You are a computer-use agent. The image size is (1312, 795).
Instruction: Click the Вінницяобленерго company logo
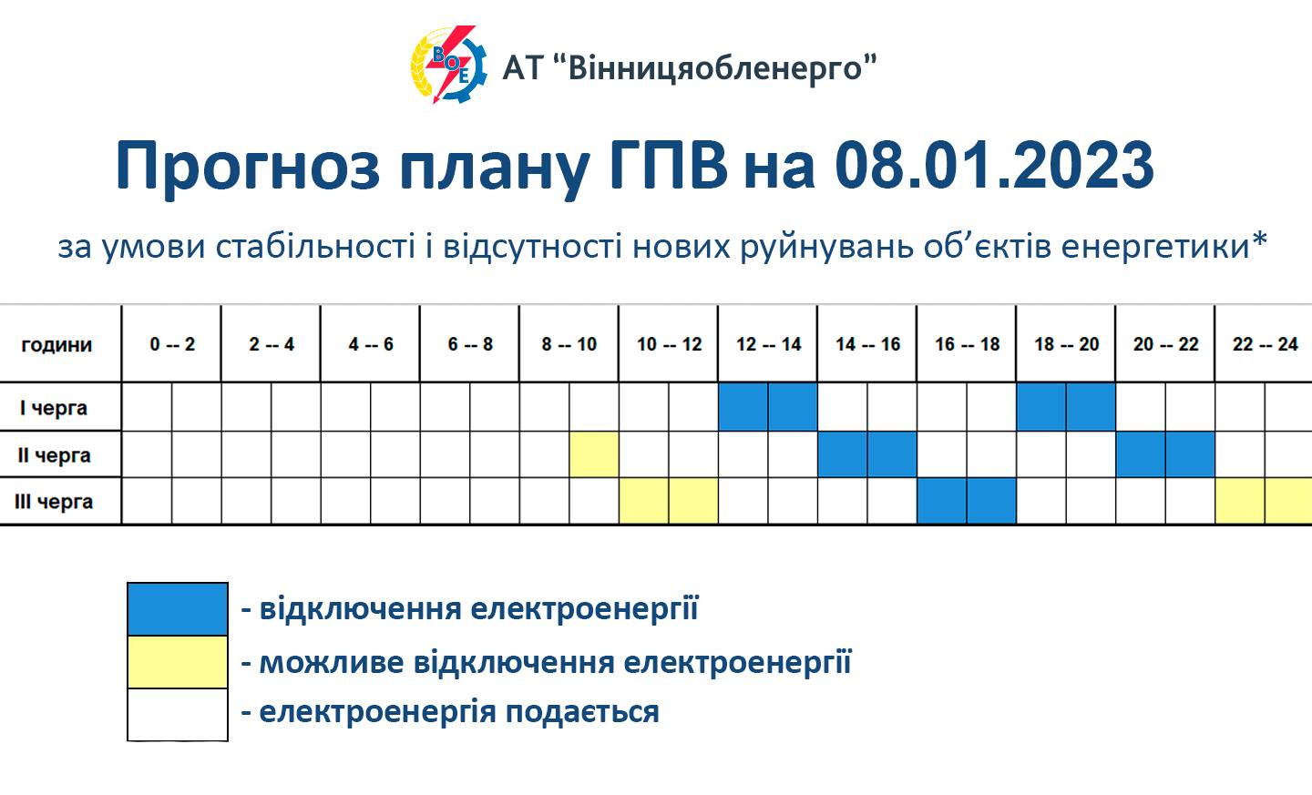point(448,65)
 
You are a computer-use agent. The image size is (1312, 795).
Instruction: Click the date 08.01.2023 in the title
point(994,165)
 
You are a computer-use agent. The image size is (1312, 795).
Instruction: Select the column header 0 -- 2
point(172,344)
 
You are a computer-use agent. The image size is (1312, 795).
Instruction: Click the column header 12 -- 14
point(768,344)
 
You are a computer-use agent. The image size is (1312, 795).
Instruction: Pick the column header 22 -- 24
point(1266,344)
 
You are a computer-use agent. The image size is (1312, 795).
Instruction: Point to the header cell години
point(56,345)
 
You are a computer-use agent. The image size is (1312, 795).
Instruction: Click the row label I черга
point(53,407)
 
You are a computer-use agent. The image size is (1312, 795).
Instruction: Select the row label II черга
point(54,455)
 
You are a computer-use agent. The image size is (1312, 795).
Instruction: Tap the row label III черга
point(54,502)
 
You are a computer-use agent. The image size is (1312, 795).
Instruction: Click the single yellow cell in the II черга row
point(594,454)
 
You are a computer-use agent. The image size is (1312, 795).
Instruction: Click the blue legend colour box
point(178,609)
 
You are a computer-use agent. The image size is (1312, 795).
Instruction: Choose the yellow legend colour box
point(178,661)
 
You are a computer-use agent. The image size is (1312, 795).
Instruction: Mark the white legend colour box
point(178,715)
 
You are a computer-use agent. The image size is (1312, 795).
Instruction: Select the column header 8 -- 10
point(569,344)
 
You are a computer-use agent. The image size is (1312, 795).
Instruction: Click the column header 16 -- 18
point(967,344)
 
